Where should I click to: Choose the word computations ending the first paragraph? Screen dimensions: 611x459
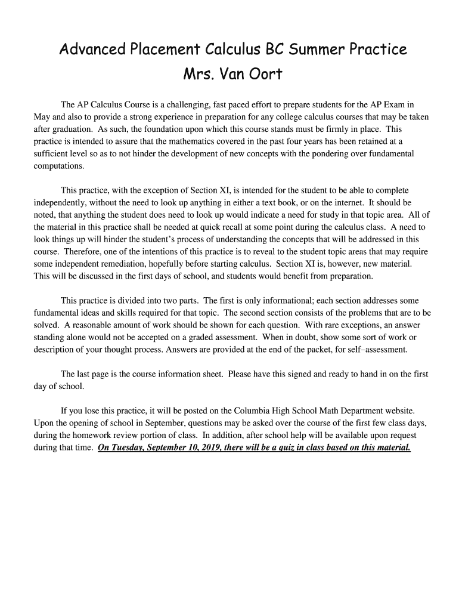(58, 166)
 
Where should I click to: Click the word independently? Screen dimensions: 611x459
(61, 203)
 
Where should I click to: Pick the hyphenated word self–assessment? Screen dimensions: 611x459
(384, 349)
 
